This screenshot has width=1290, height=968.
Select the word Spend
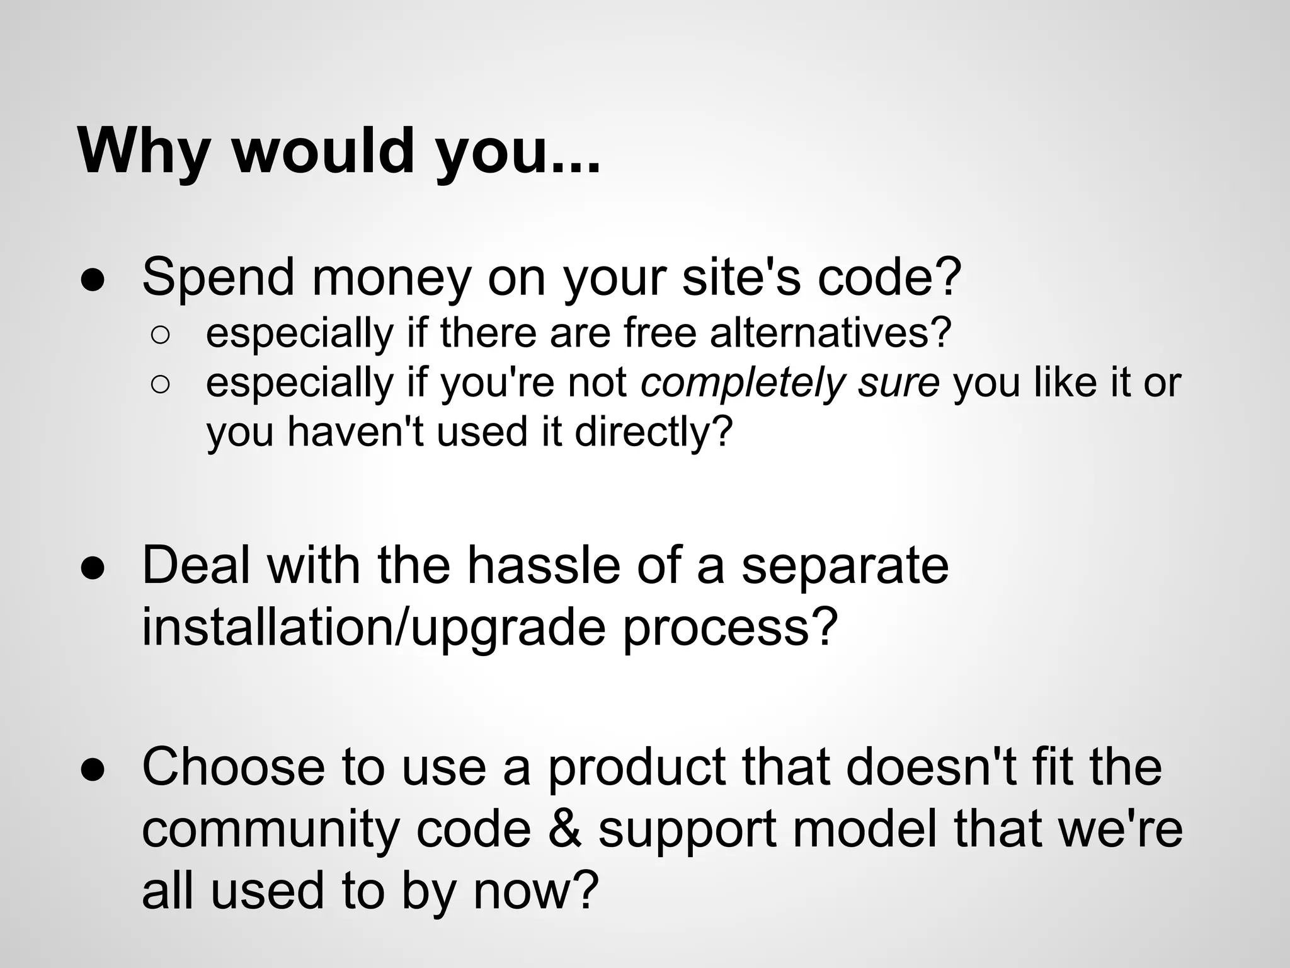coord(219,277)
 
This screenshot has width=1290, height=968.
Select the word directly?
coord(654,432)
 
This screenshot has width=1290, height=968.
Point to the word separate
coord(845,565)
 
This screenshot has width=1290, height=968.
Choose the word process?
coord(731,627)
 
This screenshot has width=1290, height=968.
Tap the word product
coord(637,767)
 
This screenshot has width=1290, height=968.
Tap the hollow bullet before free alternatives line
coord(160,336)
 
